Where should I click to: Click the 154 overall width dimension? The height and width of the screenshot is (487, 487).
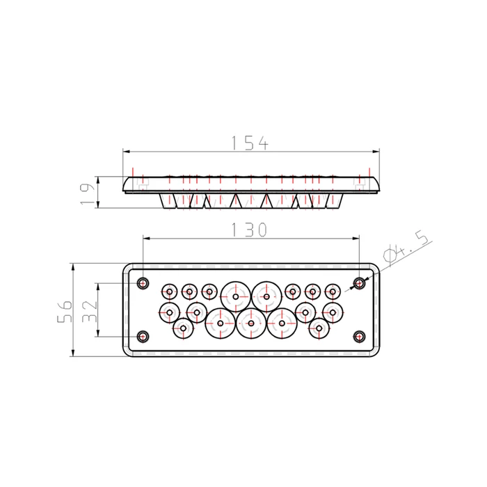point(250,143)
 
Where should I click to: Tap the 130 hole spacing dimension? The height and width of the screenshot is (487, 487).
point(249,230)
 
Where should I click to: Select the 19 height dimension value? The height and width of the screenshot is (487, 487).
point(87,194)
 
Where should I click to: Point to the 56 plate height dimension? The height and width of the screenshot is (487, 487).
point(65,310)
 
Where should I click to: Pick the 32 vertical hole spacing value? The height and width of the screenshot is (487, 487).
point(90,310)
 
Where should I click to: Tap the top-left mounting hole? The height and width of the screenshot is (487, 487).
point(143,283)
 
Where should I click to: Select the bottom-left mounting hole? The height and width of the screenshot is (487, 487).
point(143,336)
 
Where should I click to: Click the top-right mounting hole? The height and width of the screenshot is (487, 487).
point(360,283)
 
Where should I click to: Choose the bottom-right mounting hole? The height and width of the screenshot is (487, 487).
point(360,336)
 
